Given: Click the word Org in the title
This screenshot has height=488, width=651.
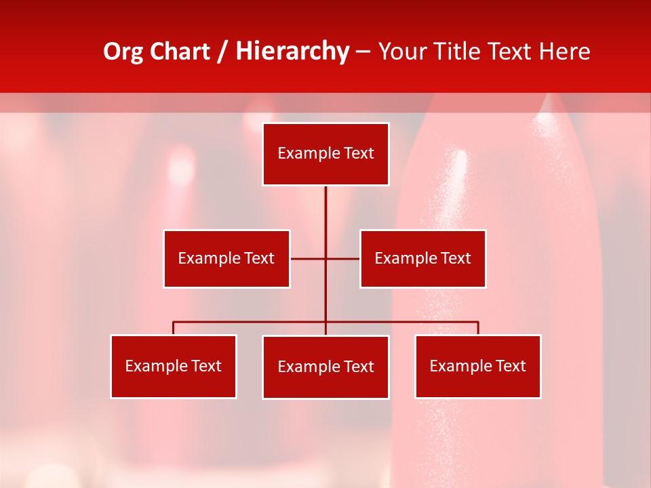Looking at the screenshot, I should pos(123,52).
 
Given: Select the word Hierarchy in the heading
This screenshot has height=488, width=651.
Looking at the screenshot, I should pos(292,52).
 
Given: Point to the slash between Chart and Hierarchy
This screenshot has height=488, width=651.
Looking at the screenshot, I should pos(223,52).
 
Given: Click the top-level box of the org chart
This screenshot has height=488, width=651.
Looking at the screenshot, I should pos(325,154).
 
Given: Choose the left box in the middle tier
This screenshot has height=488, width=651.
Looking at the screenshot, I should pos(226,258).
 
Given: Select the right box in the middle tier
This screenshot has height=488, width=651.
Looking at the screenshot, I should pos(422,258).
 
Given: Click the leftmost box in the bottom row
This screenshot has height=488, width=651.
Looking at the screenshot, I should pos(174,366).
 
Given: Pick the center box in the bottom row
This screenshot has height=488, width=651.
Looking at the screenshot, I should pos(325,367).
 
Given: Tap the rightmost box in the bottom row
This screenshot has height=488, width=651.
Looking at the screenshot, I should pos(477,366).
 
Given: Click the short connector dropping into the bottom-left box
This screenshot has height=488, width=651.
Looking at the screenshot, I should pos(174,328).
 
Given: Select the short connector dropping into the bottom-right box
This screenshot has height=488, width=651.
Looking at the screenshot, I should pos(477,328).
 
